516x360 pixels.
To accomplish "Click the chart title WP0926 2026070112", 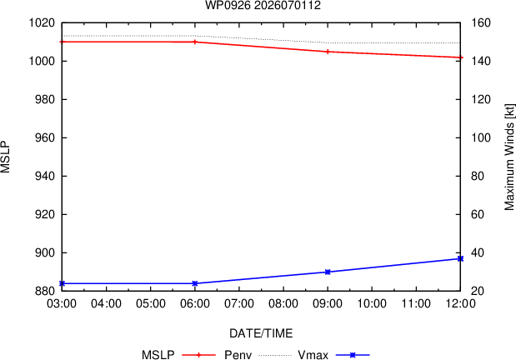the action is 263,5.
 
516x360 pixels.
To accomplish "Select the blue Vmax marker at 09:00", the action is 328,272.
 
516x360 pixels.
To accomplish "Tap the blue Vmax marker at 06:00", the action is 195,283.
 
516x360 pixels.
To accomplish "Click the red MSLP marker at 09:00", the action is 328,52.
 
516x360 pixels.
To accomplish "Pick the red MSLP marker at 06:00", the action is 195,42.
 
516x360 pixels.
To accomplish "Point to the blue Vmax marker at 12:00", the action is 460,258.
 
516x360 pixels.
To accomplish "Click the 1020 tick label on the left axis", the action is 42,23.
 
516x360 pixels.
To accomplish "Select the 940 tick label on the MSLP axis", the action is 45,176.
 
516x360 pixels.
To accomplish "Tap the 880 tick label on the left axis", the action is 45,291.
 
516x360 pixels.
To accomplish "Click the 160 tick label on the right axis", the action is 481,23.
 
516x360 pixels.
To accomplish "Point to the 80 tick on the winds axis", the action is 478,176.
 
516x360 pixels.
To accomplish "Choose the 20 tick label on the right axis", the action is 478,291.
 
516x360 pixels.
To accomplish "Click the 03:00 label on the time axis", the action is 62,303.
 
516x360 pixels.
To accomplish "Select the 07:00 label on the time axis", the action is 239,303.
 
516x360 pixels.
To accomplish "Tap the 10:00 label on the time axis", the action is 372,303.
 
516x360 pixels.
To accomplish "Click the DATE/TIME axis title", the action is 261,333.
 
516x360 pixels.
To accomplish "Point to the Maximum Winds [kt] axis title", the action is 509,157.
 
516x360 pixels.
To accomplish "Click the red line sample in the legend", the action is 198,355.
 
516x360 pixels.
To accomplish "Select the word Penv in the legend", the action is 238,355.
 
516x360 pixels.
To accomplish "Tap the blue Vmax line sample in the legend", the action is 353,355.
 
